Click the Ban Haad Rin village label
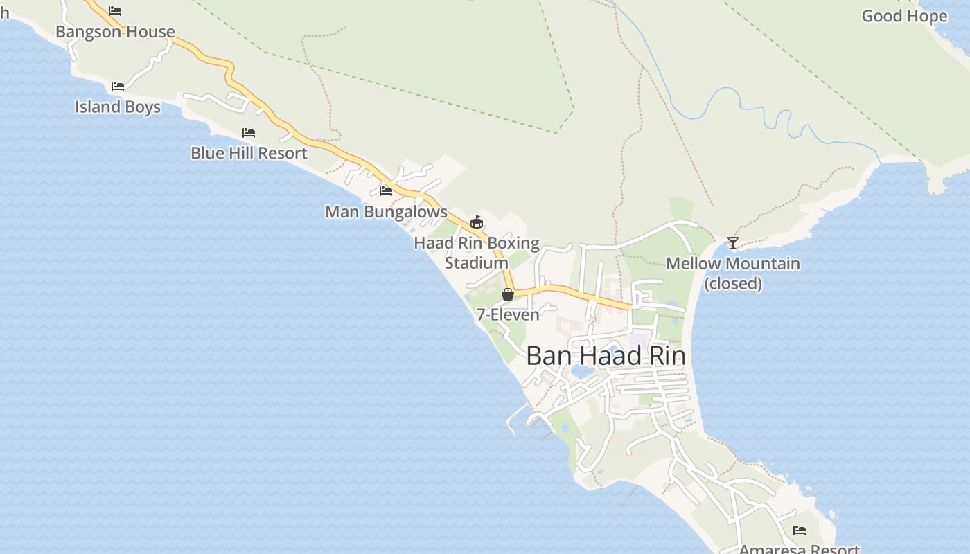click(606, 356)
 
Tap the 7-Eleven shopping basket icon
click(508, 294)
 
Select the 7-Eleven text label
click(508, 314)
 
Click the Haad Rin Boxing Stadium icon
click(476, 222)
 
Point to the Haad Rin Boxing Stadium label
click(477, 253)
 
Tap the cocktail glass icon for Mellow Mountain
click(733, 243)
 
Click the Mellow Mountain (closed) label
click(733, 274)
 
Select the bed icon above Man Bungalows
click(386, 190)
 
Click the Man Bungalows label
click(386, 212)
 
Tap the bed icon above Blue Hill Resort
click(249, 132)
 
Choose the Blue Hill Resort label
click(249, 153)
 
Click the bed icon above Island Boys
click(118, 87)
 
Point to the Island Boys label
click(118, 107)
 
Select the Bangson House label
click(115, 32)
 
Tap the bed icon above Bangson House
click(115, 11)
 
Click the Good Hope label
click(903, 16)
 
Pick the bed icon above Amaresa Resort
click(800, 530)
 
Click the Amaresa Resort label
click(800, 549)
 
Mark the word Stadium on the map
click(477, 263)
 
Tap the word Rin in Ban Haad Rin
click(666, 356)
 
